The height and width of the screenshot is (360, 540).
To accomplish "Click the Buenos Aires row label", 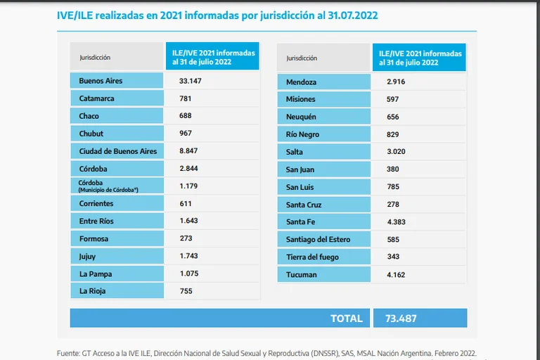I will pyautogui.click(x=101, y=81).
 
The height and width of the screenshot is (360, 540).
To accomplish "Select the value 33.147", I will pyautogui.click(x=190, y=81).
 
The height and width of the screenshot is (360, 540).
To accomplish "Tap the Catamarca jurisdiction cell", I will pyautogui.click(x=96, y=98).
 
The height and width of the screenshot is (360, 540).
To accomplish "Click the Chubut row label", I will pyautogui.click(x=91, y=134).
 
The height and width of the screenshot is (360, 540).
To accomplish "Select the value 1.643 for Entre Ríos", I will pyautogui.click(x=188, y=221).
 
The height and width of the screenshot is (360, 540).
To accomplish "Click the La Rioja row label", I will pyautogui.click(x=93, y=290).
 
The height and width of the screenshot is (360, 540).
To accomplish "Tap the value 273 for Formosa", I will pyautogui.click(x=186, y=238).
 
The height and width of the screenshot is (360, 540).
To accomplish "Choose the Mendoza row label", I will pyautogui.click(x=301, y=82).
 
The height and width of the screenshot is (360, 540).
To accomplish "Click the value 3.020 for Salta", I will pyautogui.click(x=396, y=152).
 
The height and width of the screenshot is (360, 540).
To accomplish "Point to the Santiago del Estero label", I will pyautogui.click(x=318, y=240).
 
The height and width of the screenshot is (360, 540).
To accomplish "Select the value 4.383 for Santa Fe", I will pyautogui.click(x=396, y=222).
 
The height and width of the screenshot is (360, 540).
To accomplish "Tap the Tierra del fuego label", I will pyautogui.click(x=312, y=257).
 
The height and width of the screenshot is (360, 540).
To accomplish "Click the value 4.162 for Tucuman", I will pyautogui.click(x=396, y=275).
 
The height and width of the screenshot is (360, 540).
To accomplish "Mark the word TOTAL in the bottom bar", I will pyautogui.click(x=347, y=319).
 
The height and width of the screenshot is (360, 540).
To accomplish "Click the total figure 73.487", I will pyautogui.click(x=401, y=319).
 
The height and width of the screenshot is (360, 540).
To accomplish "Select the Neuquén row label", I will pyautogui.click(x=301, y=117).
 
